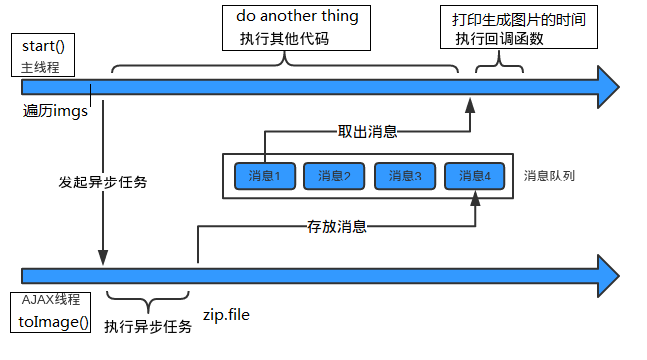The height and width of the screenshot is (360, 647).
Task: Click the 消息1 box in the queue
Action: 264,177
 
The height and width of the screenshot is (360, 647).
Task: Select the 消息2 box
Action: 334,177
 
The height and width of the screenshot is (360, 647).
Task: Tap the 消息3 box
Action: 405,177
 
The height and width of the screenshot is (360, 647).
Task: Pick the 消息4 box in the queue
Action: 475,177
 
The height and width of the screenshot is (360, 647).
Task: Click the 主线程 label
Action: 41,68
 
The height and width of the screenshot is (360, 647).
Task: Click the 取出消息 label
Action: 368,131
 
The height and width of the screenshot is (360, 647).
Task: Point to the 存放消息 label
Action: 337,226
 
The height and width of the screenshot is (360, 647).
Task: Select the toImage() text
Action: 54,322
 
